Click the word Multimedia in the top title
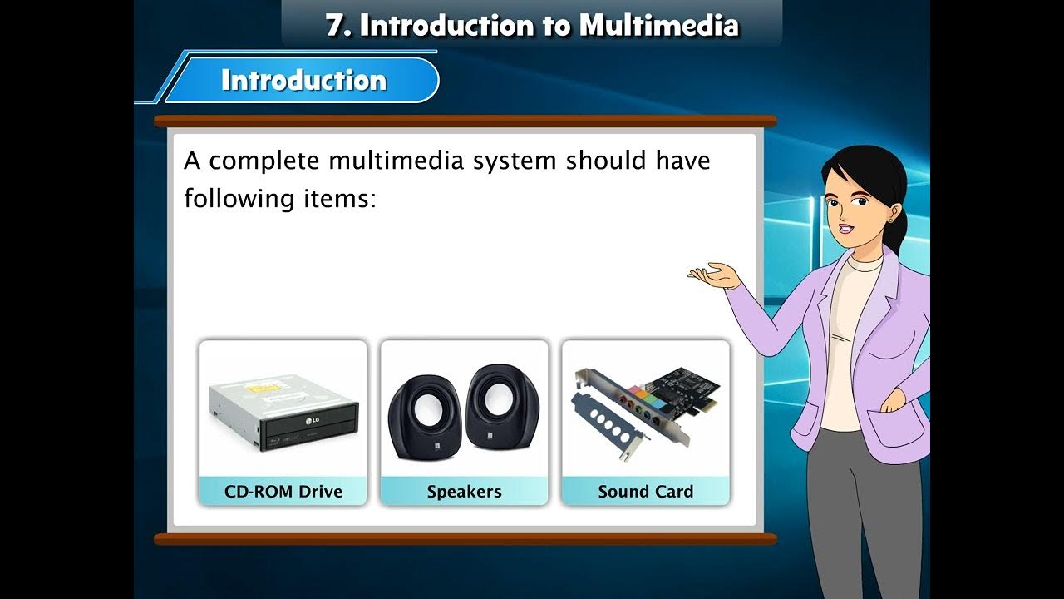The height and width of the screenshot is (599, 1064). coord(658,25)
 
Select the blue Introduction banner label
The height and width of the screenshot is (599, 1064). coord(303,80)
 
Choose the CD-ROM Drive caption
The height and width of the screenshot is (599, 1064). coord(283,491)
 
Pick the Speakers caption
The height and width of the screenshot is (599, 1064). coord(464,491)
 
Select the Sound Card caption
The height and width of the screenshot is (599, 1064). coord(645,491)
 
